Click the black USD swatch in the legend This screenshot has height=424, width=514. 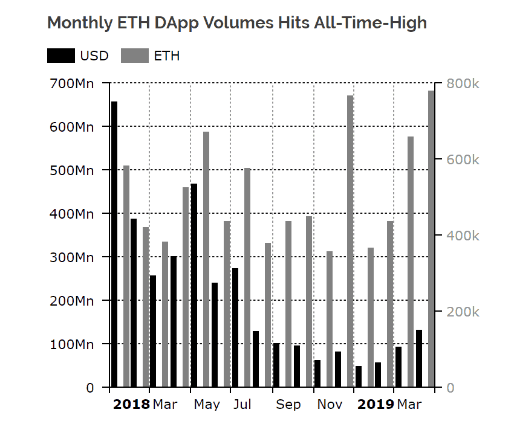pos(61,56)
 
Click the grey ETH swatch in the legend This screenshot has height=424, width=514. pos(135,56)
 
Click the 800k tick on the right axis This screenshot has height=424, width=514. pos(463,83)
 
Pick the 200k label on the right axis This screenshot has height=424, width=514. pos(463,312)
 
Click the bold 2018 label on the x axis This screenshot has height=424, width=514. pos(131,405)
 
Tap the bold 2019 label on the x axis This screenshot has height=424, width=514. pos(375,405)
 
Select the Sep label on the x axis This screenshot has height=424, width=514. pos(288,405)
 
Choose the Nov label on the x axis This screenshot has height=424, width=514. pos(330,405)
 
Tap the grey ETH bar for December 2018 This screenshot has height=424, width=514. pos(350,241)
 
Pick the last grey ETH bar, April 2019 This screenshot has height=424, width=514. pos(431,239)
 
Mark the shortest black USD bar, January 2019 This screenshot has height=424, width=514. pos(359,376)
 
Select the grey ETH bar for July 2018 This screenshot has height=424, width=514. pos(247,277)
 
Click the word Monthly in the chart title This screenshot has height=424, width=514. pos(77,24)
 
